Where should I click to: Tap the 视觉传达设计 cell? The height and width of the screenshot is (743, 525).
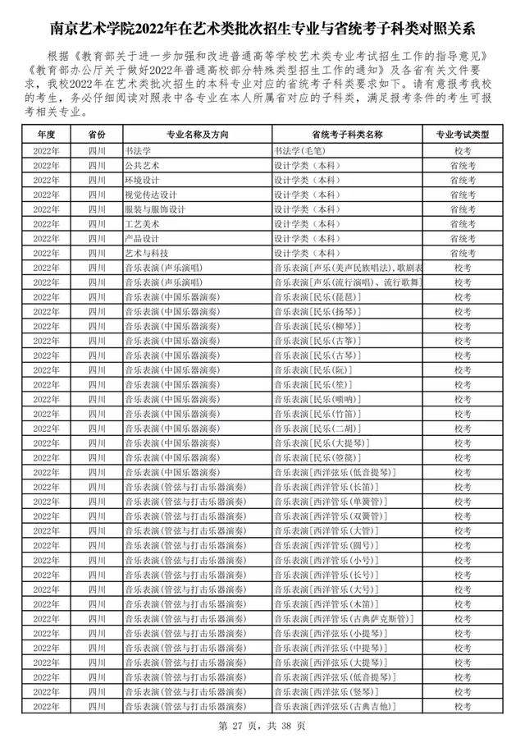coord(149,195)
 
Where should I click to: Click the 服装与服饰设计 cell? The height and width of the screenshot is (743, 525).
coord(154,209)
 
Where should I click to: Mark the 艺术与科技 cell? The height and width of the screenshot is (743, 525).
coord(145,254)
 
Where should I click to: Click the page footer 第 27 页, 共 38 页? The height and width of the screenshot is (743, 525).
coord(262,726)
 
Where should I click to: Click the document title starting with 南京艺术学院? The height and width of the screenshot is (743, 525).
coord(262,30)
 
